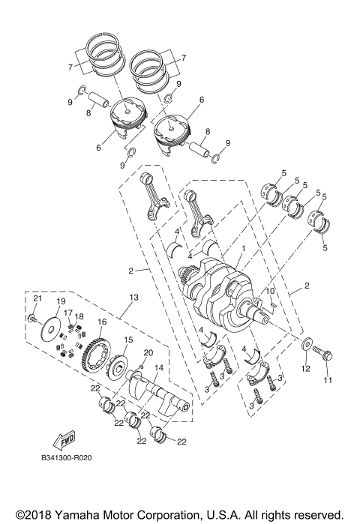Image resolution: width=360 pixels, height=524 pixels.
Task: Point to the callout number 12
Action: coord(304,369)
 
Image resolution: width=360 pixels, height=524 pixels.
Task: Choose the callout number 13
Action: coord(134,298)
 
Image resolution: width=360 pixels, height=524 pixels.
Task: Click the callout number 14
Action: coord(158,368)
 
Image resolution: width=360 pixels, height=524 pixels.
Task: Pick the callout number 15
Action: coord(128,340)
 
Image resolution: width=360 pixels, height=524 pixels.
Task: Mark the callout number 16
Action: coord(102,322)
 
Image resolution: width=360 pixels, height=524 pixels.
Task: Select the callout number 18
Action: coord(79,317)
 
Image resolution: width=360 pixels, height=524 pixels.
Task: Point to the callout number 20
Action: coord(148,352)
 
